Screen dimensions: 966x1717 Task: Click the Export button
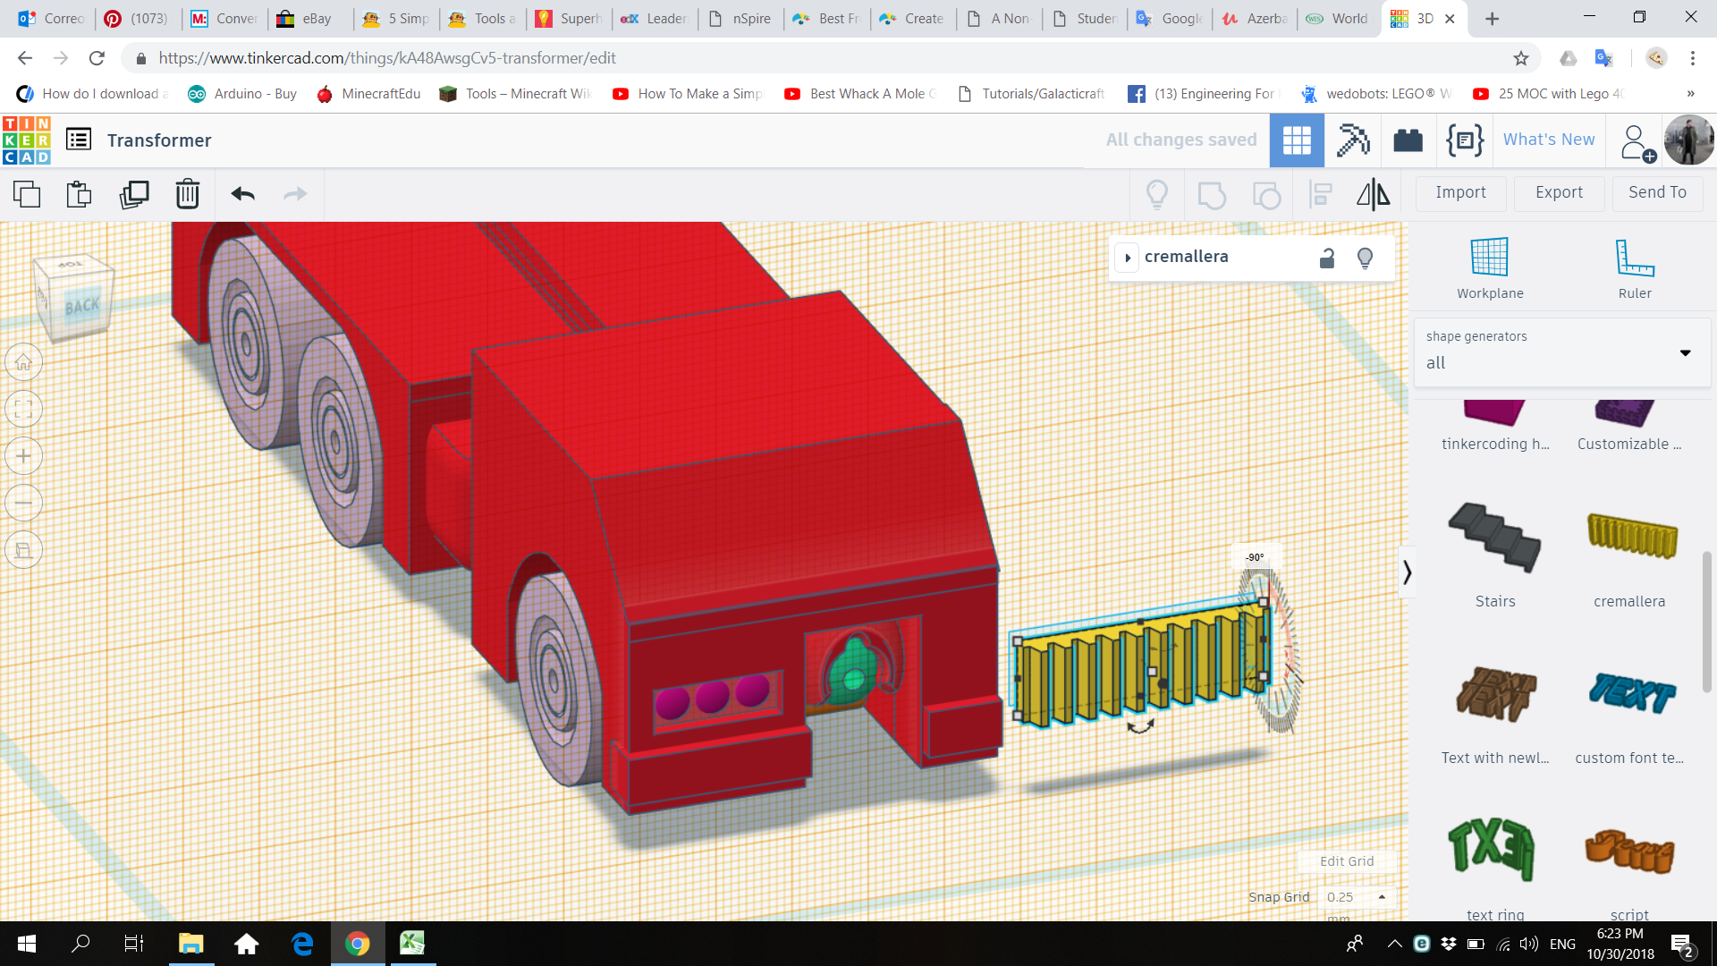pyautogui.click(x=1559, y=192)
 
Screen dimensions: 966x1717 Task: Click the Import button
pyautogui.click(x=1460, y=192)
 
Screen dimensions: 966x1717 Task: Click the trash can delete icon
pyautogui.click(x=187, y=193)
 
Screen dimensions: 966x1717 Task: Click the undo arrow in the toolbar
pyautogui.click(x=242, y=193)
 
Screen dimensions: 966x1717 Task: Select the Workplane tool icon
pyautogui.click(x=1489, y=258)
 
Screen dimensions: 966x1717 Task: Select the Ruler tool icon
pyautogui.click(x=1634, y=258)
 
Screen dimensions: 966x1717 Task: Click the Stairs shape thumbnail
pyautogui.click(x=1494, y=538)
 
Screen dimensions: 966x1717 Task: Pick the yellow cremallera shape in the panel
pyautogui.click(x=1631, y=537)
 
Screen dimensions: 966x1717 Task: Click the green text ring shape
pyautogui.click(x=1493, y=847)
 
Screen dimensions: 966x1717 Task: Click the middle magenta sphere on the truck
pyautogui.click(x=712, y=696)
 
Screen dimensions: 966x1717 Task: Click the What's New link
pyautogui.click(x=1548, y=140)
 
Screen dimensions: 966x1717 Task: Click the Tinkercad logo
pyautogui.click(x=27, y=140)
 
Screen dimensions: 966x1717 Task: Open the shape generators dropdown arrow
pyautogui.click(x=1685, y=352)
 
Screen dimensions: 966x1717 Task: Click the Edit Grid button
pyautogui.click(x=1346, y=861)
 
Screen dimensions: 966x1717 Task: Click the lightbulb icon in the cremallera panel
pyautogui.click(x=1365, y=258)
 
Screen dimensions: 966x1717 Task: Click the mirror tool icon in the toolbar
pyautogui.click(x=1373, y=194)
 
